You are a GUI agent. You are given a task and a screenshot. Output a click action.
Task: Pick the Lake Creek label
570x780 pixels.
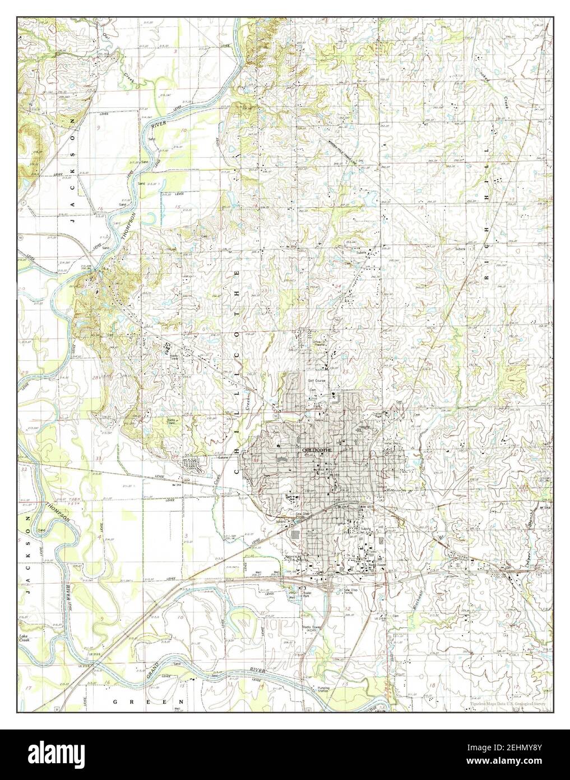[x=24, y=637]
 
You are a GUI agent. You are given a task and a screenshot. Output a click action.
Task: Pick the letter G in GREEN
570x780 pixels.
[x=115, y=701]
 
